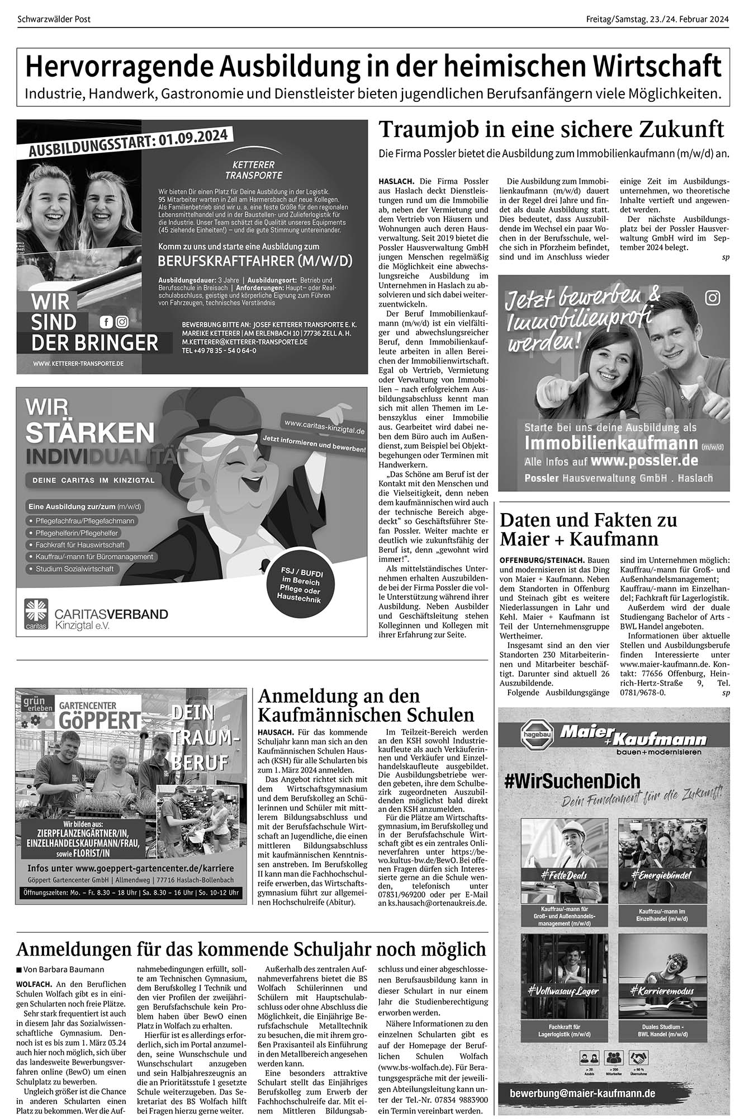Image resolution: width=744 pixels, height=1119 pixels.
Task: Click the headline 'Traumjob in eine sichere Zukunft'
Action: pos(551,130)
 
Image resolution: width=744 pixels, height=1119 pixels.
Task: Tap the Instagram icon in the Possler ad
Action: pos(713,298)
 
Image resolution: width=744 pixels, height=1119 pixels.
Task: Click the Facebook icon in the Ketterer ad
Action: pos(105,322)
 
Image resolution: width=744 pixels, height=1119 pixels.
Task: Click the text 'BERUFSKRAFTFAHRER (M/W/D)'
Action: pos(255,261)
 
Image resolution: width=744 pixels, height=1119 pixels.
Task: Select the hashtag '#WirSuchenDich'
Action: pos(572,782)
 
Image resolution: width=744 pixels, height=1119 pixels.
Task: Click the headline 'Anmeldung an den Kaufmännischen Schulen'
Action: pos(366,705)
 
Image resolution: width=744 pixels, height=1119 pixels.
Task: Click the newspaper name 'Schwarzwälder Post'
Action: pos(54,20)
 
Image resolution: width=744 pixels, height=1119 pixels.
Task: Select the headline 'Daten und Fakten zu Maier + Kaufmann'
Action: pos(588,529)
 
